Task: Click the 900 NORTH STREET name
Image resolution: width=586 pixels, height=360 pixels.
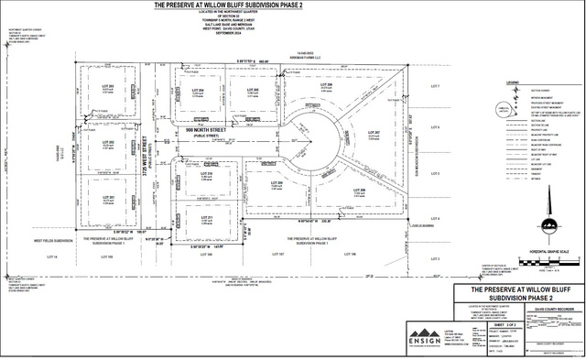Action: click(x=204, y=130)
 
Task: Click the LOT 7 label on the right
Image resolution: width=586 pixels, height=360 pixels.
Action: click(x=436, y=87)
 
